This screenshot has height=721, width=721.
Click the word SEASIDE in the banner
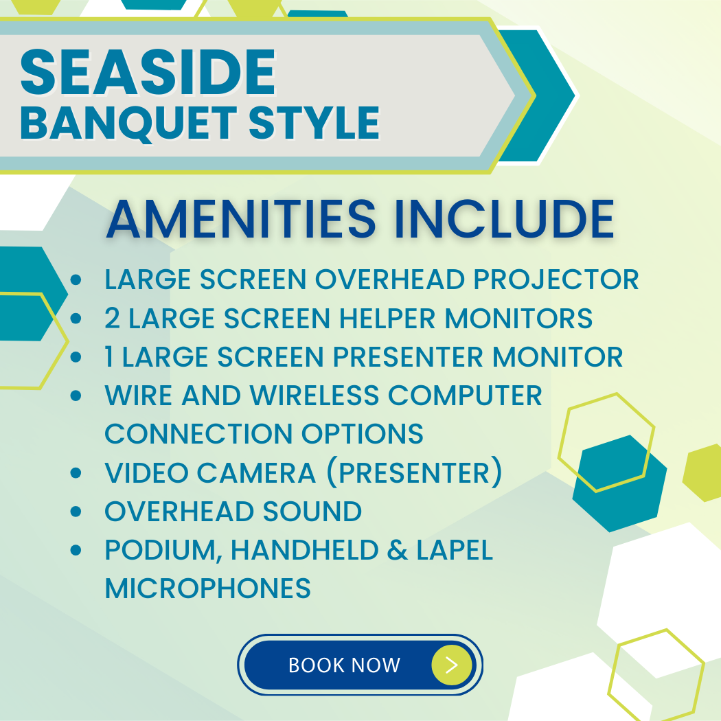148,72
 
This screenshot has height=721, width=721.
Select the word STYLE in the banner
314,122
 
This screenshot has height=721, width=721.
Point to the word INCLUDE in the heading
505,219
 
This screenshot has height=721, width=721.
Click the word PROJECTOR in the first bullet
556,279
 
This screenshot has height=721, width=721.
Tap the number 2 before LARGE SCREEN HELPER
112,318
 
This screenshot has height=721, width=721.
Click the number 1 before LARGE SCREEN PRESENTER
109,356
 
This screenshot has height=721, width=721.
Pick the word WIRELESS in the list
314,395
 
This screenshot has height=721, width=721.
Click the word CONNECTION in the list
198,433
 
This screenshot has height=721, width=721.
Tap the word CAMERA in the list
257,472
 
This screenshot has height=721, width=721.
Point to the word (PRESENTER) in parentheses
414,472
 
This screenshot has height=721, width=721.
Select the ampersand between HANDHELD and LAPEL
398,550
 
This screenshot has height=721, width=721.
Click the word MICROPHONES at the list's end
208,588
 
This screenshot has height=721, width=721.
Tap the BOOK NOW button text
345,665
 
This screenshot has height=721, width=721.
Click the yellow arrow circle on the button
452,665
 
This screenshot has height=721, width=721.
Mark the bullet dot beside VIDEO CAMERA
76,472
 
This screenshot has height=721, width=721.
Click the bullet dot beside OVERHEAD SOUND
76,512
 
